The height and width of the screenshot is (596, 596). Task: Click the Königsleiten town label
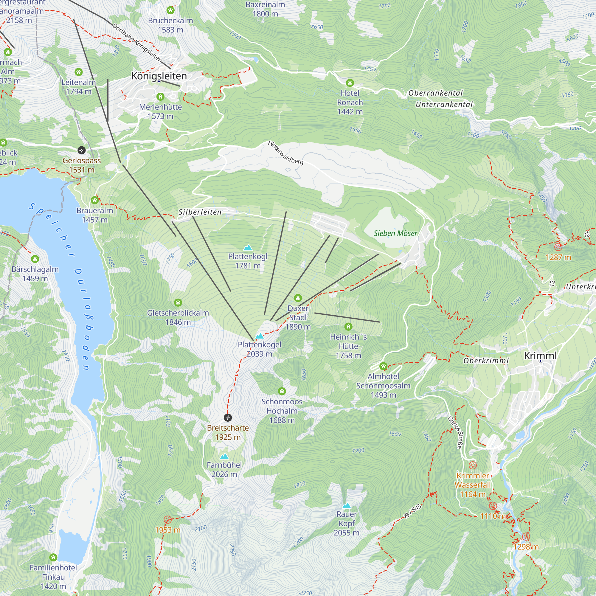(159, 76)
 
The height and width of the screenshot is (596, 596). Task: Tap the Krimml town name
(540, 356)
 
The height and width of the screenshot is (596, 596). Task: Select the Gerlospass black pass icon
(81, 150)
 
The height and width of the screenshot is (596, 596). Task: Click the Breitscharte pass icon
(228, 418)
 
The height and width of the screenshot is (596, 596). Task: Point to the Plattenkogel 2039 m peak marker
(260, 336)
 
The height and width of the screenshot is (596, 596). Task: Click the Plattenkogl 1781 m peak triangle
(248, 248)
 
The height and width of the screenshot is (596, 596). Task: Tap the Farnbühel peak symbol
(224, 457)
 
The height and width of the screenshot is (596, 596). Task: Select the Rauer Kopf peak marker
(347, 506)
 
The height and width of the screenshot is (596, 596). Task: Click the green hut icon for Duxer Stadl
(298, 298)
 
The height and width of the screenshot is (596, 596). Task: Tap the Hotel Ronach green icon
(350, 83)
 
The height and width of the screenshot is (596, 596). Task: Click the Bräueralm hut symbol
(95, 201)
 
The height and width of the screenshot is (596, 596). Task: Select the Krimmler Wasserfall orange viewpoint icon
(473, 465)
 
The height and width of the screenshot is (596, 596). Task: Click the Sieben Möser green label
(395, 233)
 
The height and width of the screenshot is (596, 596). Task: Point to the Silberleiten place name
(200, 212)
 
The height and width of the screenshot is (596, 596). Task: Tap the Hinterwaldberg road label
(285, 153)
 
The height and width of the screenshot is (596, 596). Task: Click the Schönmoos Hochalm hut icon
(282, 392)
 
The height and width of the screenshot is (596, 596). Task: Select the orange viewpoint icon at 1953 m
(167, 520)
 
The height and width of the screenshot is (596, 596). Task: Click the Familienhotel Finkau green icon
(53, 558)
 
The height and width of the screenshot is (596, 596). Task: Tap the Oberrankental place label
(436, 93)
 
